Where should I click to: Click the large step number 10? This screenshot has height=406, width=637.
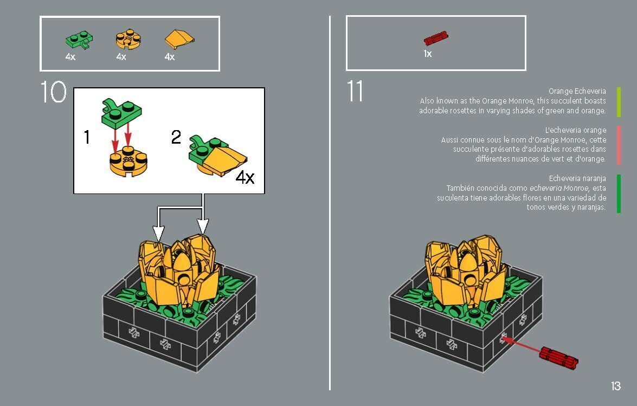pos(53,92)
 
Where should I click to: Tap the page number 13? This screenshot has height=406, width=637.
pos(615,386)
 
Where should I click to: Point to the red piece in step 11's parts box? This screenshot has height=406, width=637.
pos(436,38)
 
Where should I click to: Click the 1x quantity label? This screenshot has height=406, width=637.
pos(428,54)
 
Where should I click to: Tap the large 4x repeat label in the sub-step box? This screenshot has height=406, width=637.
pos(245,177)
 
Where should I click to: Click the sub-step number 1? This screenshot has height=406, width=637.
pos(87,138)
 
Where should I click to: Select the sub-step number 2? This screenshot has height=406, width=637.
pos(176,137)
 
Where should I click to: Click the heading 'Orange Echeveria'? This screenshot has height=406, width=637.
pos(577,91)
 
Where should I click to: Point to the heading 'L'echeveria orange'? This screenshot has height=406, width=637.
pos(575,130)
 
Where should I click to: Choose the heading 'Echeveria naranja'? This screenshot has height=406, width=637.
pos(577,178)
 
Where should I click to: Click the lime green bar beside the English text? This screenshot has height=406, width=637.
pos(619,102)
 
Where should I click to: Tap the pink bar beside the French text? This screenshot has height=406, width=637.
pos(619,145)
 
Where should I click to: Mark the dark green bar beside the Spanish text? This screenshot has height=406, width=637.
pos(619,194)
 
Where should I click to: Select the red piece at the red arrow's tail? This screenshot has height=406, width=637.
pos(558,359)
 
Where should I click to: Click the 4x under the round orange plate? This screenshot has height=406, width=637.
pos(121,57)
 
